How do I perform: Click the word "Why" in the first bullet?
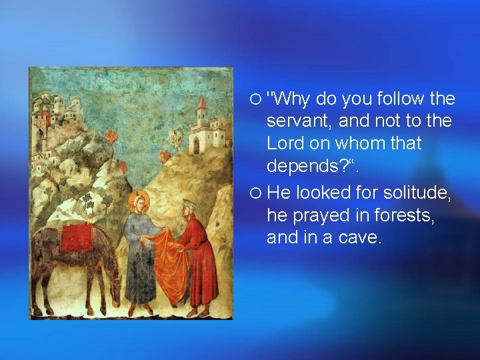(289, 99)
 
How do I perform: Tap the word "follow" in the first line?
(396, 99)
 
